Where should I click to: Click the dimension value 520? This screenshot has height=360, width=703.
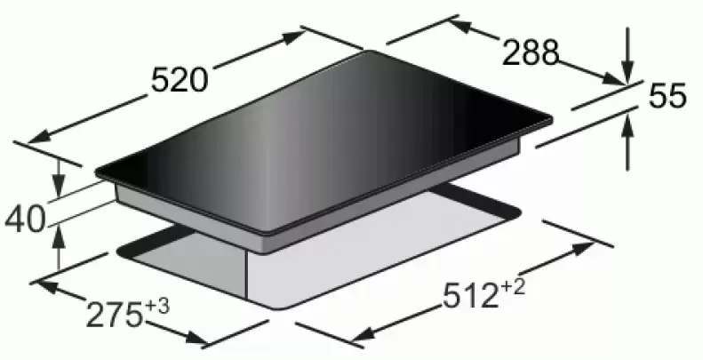pos(180,80)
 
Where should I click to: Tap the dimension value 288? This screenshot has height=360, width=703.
pos(531,52)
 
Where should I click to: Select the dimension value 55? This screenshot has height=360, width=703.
pos(667,95)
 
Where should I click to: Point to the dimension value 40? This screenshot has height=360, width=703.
pos(26,220)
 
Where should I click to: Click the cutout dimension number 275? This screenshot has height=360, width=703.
pos(114,316)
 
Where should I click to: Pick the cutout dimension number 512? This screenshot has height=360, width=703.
pos(471,296)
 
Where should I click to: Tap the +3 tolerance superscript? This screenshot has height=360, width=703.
pos(157,308)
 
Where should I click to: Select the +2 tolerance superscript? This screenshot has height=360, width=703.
pos(513,288)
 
